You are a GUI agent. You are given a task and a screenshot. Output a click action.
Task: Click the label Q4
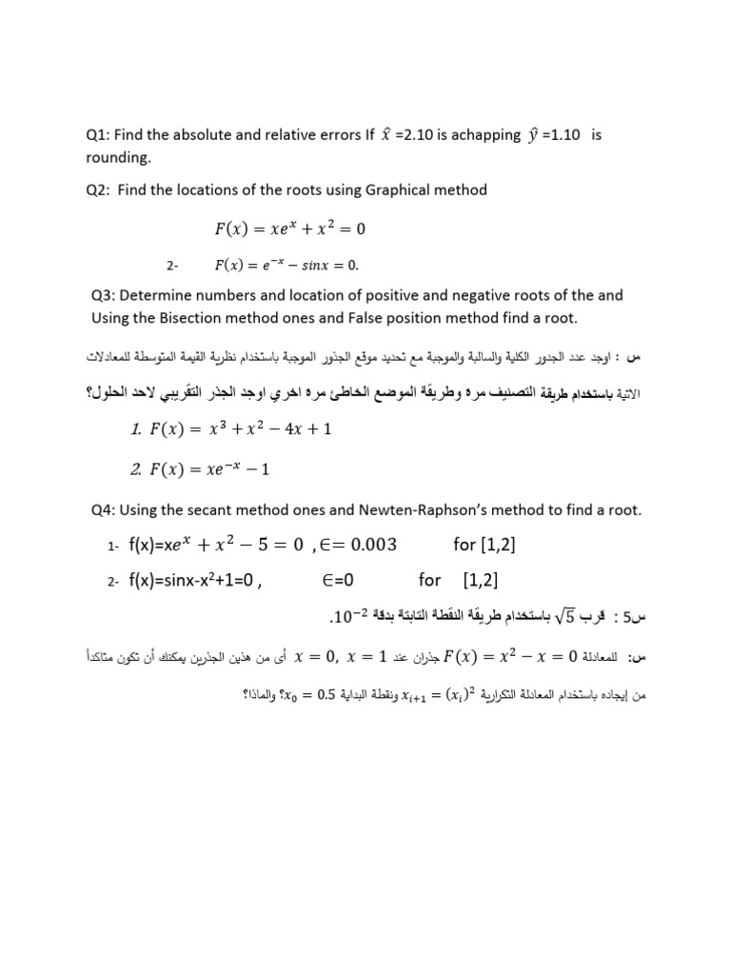click(x=102, y=510)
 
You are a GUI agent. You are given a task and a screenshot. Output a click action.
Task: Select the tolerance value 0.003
click(x=367, y=546)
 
